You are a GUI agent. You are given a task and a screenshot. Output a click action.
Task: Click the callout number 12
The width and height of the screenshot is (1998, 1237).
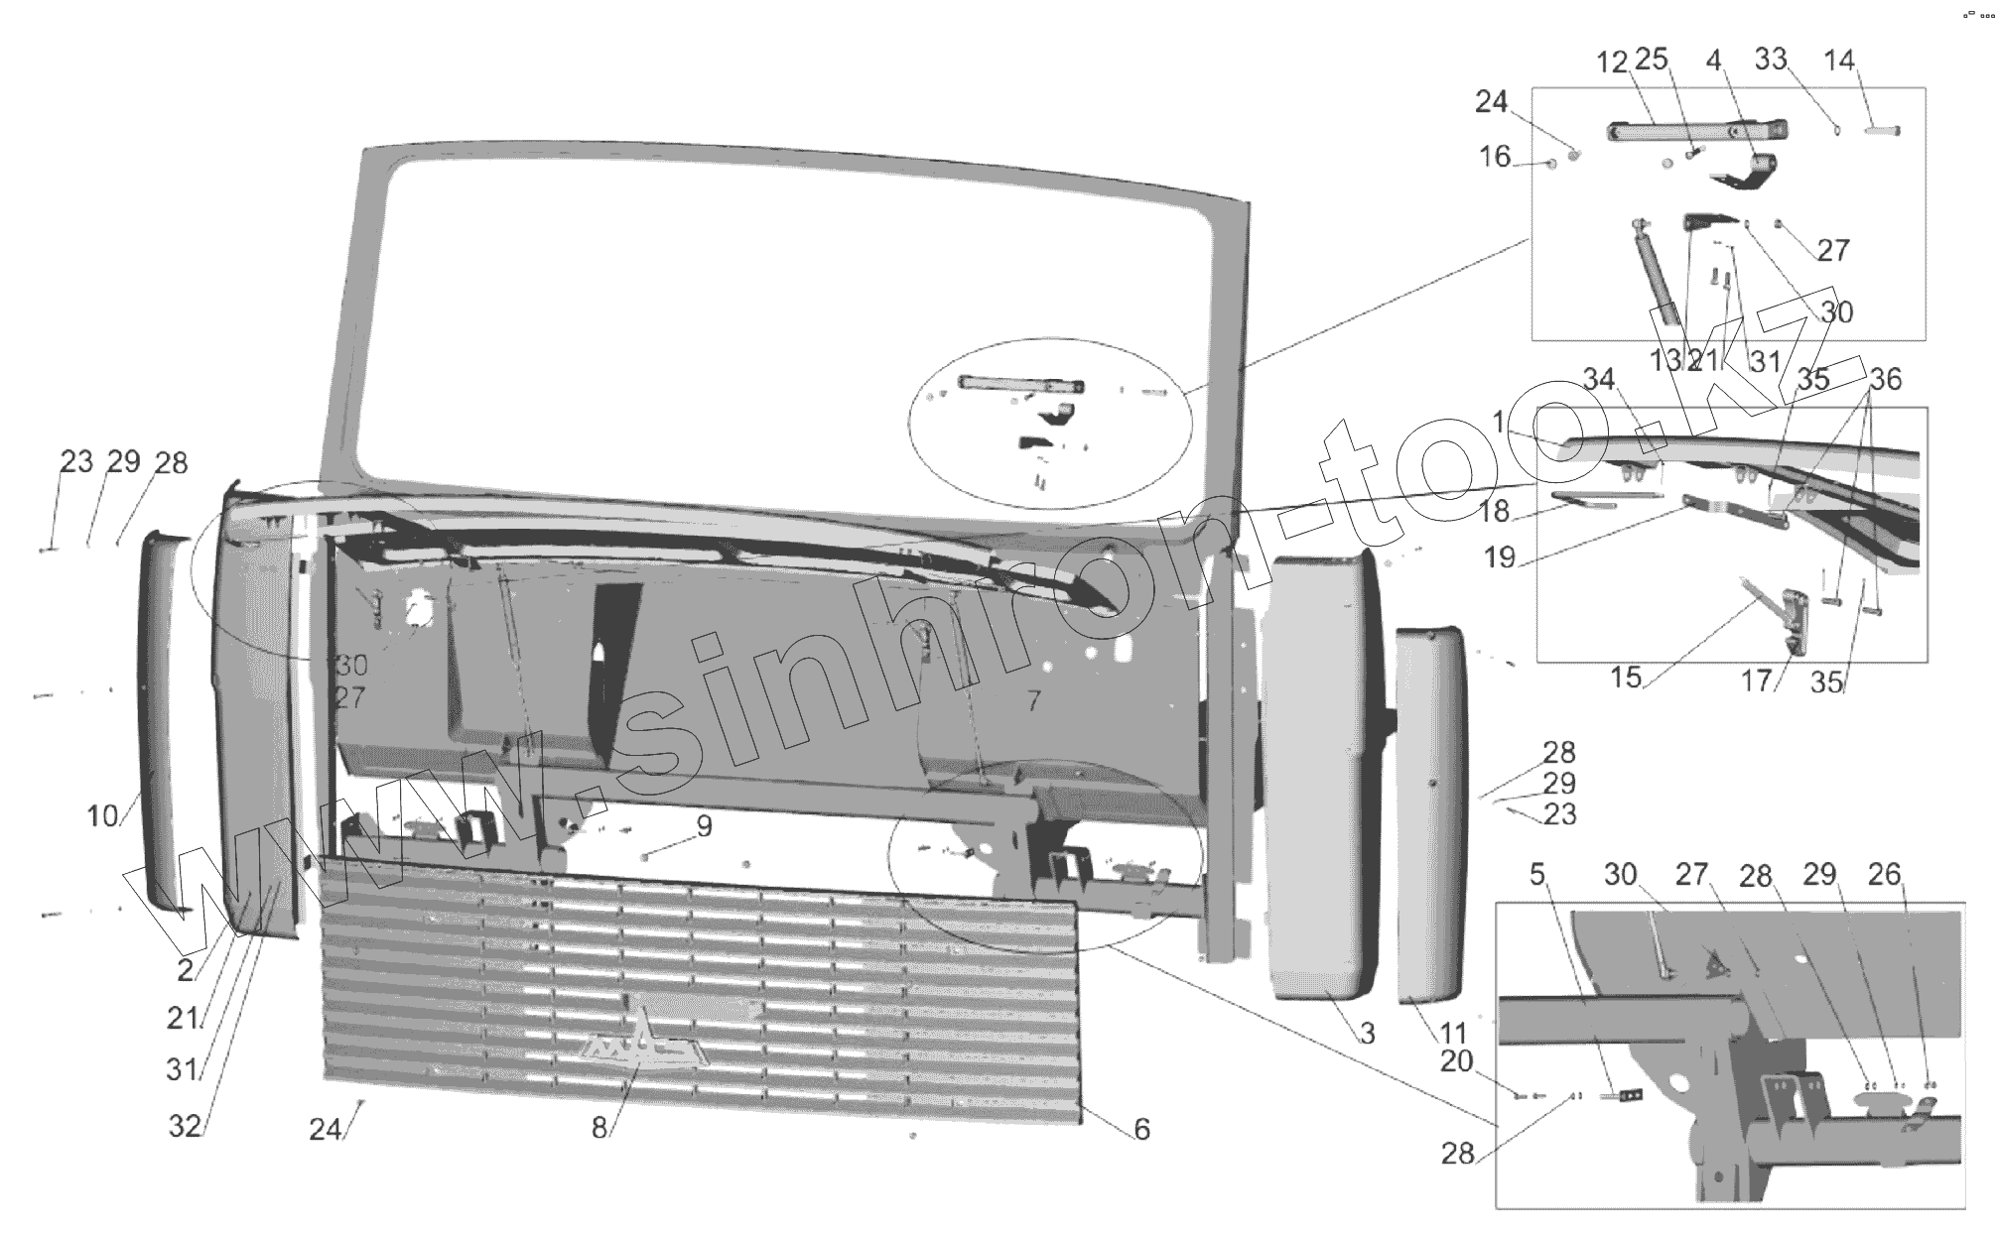pyautogui.click(x=1612, y=62)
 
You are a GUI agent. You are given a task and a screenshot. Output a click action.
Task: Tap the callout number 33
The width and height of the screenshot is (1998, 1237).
pyautogui.click(x=1771, y=60)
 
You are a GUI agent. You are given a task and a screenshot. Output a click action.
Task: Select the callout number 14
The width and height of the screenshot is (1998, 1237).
pyautogui.click(x=1839, y=61)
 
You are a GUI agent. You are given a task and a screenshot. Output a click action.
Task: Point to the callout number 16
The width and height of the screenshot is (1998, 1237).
pyautogui.click(x=1495, y=157)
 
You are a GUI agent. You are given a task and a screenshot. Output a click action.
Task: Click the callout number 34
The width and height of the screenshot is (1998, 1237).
pyautogui.click(x=1599, y=379)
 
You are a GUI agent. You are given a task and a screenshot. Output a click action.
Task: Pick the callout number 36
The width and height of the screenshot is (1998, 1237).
pyautogui.click(x=1886, y=379)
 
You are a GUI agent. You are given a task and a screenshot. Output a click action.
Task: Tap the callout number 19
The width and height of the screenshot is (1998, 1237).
pyautogui.click(x=1500, y=557)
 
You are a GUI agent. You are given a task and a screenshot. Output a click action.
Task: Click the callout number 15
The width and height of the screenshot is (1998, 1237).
pyautogui.click(x=1626, y=679)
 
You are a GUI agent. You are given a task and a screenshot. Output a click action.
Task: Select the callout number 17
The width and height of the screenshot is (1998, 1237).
pyautogui.click(x=1756, y=681)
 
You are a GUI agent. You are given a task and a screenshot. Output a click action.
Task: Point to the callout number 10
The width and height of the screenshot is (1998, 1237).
pyautogui.click(x=102, y=816)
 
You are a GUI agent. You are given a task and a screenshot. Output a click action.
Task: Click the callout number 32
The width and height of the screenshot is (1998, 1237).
pyautogui.click(x=185, y=1127)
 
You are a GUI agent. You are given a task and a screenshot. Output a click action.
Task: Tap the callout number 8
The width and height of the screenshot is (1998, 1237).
pyautogui.click(x=599, y=1129)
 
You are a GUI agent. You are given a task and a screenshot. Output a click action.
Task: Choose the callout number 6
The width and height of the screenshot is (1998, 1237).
pyautogui.click(x=1141, y=1129)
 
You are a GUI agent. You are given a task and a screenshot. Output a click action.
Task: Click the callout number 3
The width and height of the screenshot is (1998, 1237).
pyautogui.click(x=1367, y=1034)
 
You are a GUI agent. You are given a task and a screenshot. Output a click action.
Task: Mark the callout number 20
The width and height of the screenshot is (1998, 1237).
pyautogui.click(x=1456, y=1061)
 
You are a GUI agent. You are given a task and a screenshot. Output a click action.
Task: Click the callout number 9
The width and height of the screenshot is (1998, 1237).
pyautogui.click(x=704, y=825)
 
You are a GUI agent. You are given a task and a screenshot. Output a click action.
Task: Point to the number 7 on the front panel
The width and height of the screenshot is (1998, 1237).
pyautogui.click(x=1033, y=701)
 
